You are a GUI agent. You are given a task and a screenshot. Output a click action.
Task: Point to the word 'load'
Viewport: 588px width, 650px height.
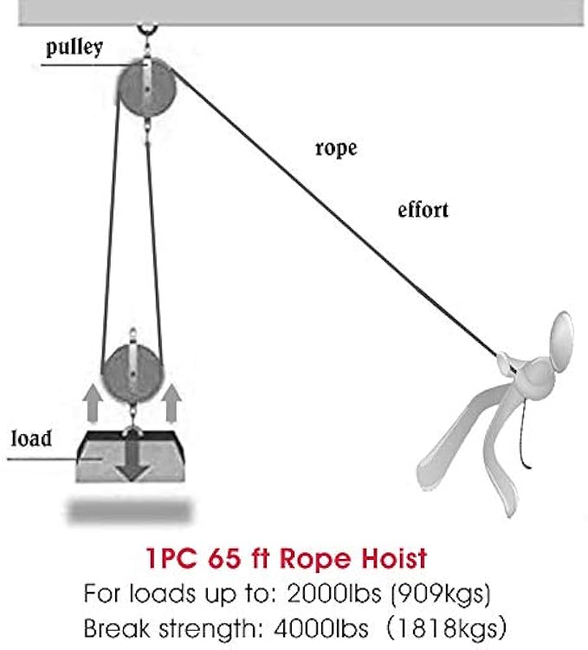pos(31,438)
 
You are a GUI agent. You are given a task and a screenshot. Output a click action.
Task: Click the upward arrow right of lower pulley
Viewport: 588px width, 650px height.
pos(171,401)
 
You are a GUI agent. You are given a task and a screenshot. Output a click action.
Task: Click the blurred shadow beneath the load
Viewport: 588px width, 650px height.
pos(131,510)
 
